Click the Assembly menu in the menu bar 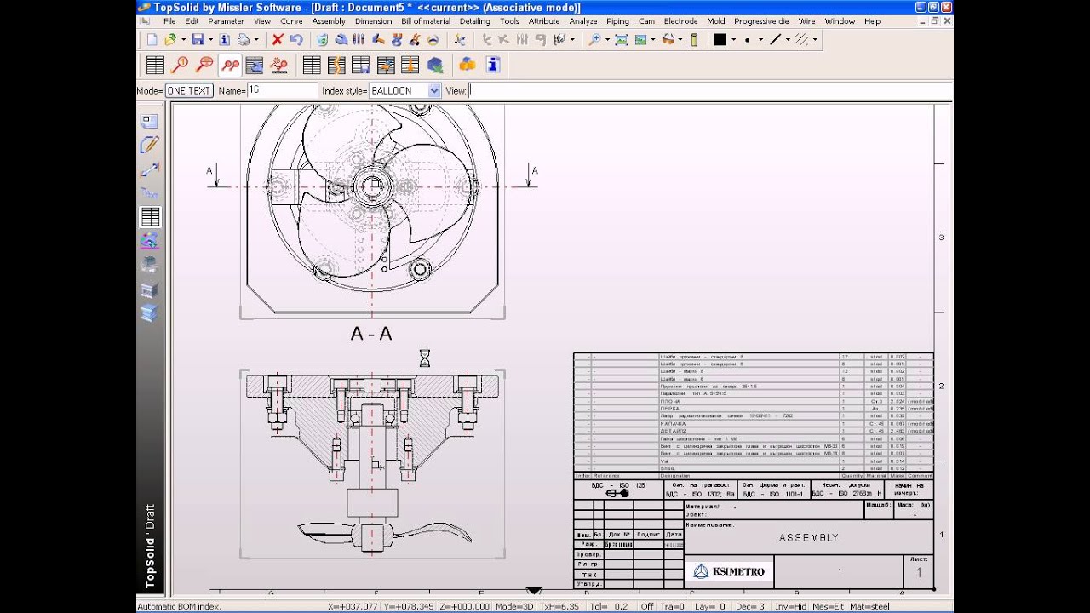(329, 21)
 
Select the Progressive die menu (760, 21)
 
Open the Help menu (872, 21)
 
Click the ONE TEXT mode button (188, 90)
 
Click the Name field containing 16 (281, 90)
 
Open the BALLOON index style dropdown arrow (434, 90)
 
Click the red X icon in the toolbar (278, 39)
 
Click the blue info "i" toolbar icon (492, 65)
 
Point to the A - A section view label (371, 335)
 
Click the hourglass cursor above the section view (424, 358)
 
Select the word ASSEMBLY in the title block (808, 538)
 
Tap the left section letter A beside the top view (209, 171)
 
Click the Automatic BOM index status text (179, 606)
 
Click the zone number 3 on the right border (941, 238)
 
